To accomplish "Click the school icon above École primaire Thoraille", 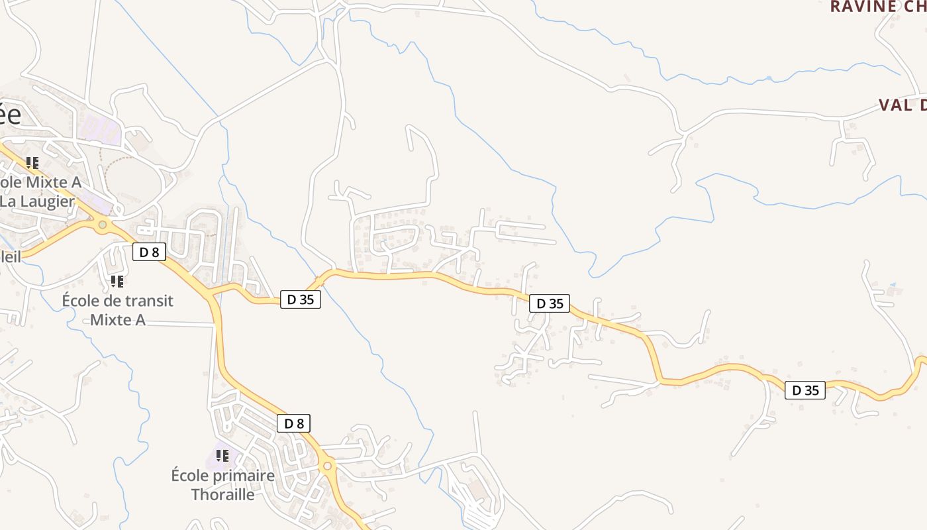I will (222, 456).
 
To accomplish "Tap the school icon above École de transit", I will (117, 282).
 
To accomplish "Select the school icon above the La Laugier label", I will (32, 162).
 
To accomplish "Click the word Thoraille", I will (222, 494).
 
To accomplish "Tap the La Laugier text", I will (37, 201).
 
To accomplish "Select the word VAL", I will (894, 105).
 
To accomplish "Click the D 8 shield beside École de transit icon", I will (148, 252).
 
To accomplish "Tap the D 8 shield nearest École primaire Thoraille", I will (293, 423).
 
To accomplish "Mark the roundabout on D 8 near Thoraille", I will (327, 466).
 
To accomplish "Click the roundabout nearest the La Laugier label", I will (102, 225).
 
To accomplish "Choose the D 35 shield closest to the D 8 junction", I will (301, 299).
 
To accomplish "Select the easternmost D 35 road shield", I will (806, 390).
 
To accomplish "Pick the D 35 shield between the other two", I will (550, 303).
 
